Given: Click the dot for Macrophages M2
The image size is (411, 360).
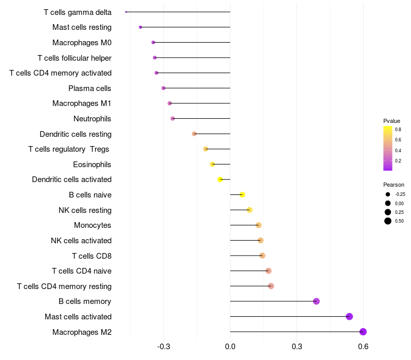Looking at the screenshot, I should [x=363, y=332].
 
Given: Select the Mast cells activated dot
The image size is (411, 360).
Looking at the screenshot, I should [x=349, y=316].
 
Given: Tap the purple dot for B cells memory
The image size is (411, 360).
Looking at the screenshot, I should [x=316, y=301].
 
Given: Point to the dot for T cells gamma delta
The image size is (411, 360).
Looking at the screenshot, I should [x=126, y=12].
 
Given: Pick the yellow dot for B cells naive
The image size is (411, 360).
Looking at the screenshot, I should [x=242, y=194].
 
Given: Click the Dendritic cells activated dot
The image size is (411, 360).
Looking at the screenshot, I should [x=220, y=179].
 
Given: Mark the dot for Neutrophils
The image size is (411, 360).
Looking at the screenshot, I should [x=173, y=118].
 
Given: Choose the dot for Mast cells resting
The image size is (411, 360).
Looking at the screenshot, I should [x=140, y=27].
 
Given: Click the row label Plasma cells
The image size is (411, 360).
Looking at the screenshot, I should [x=90, y=88].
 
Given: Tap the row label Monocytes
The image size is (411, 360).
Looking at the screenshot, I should [x=92, y=225].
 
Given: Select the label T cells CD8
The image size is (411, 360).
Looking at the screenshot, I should [x=91, y=256].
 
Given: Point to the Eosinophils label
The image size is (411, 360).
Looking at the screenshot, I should [x=92, y=165].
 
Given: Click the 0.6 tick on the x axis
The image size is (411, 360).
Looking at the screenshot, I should [x=363, y=347].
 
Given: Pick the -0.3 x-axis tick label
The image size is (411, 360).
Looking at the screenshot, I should [x=163, y=347].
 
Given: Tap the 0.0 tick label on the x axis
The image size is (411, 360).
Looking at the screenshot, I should [x=230, y=347].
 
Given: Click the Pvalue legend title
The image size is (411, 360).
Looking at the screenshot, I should [x=391, y=121].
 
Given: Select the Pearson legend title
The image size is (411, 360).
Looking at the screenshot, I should [x=394, y=184].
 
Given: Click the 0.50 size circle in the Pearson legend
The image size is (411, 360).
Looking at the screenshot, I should [x=388, y=221].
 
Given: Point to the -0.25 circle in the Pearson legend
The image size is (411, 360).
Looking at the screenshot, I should [x=388, y=194].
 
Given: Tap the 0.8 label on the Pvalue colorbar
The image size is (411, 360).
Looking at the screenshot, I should [x=398, y=130].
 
